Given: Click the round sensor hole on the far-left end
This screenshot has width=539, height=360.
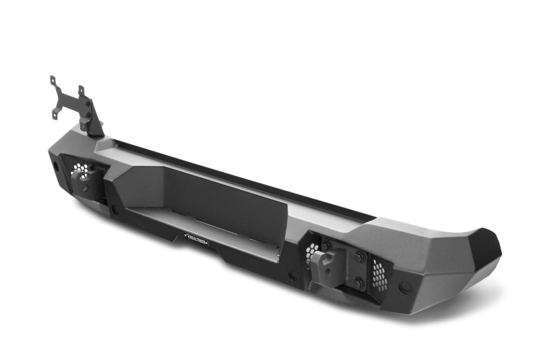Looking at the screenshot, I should click(53, 167).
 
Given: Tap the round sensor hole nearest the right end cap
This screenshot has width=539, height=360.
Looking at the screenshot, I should click(405, 287).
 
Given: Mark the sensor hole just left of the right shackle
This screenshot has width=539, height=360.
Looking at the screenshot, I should click(292, 276).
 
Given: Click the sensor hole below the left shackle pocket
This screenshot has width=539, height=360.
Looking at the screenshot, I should click(115, 210).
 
